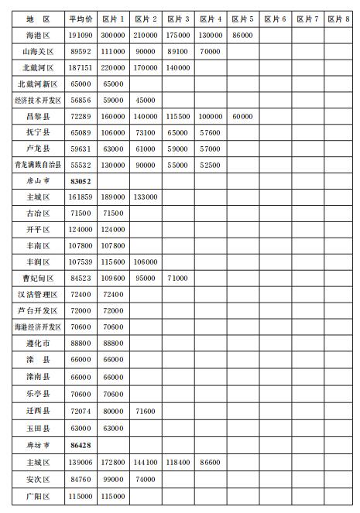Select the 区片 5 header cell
pyautogui.click(x=242, y=19)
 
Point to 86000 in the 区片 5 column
pyautogui.click(x=242, y=35)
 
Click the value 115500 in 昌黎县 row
pyautogui.click(x=178, y=115)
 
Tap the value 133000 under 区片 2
pyautogui.click(x=146, y=197)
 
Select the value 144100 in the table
pyautogui.click(x=146, y=462)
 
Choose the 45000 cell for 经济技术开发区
pyautogui.click(x=146, y=100)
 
